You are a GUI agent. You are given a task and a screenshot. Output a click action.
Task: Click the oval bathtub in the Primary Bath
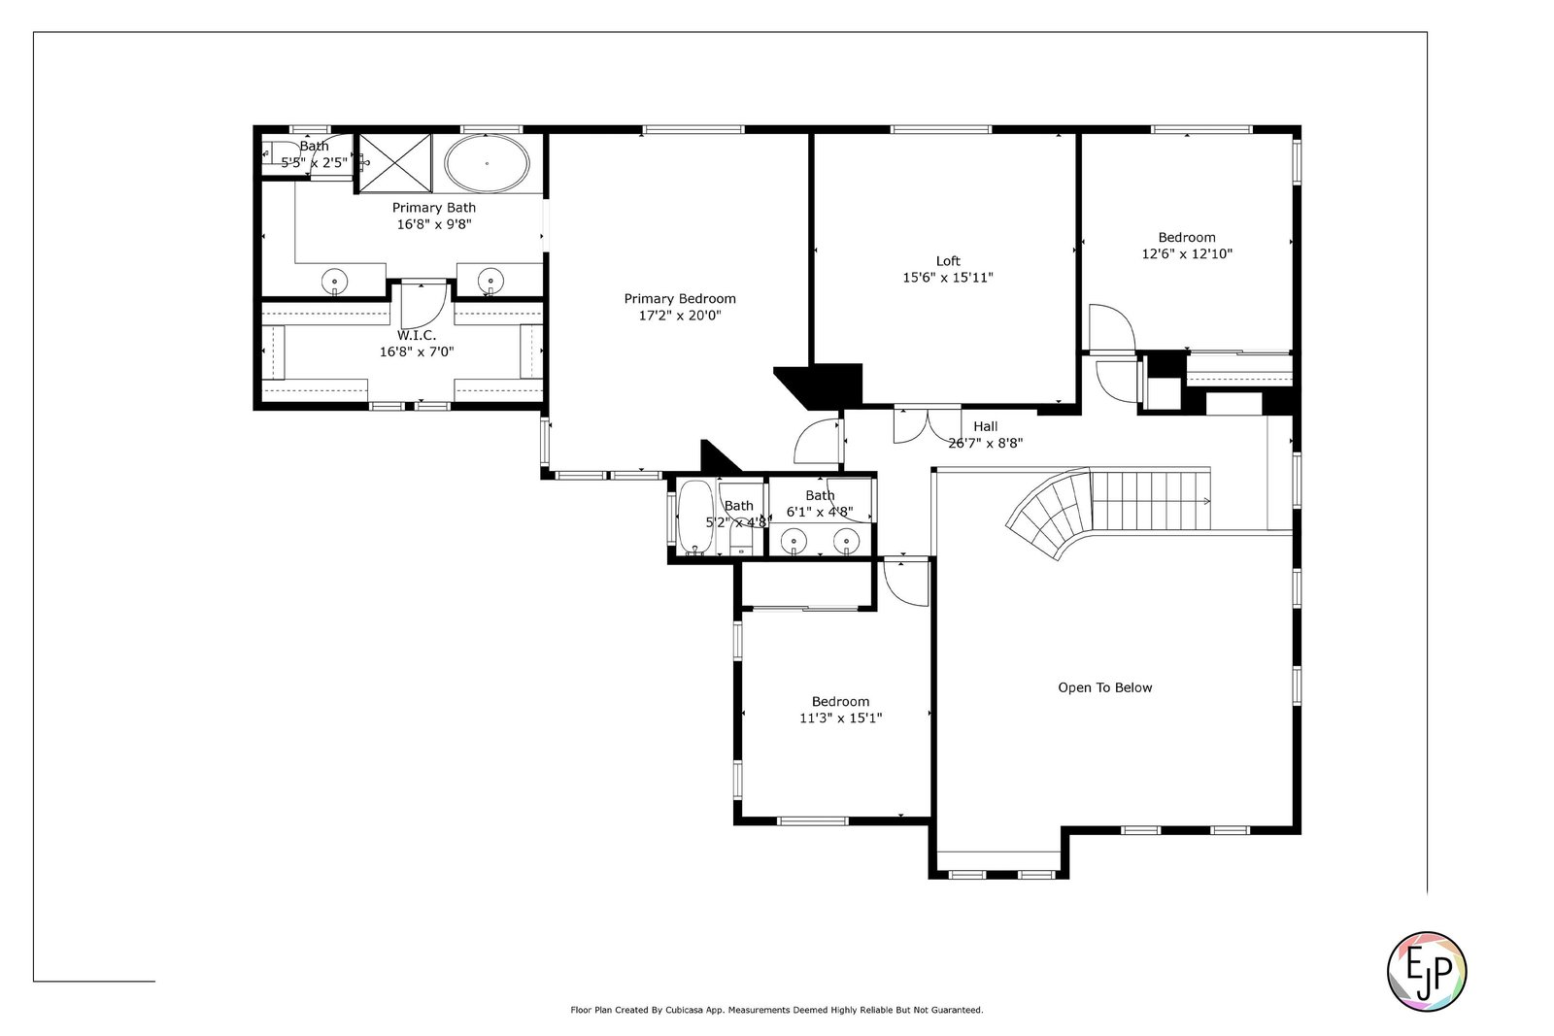(487, 164)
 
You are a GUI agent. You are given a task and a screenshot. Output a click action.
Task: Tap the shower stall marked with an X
(394, 163)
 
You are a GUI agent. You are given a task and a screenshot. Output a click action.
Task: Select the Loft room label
(948, 261)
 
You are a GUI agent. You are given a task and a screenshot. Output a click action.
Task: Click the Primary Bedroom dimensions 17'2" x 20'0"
(680, 316)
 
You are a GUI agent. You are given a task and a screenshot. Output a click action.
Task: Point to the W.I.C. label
(417, 335)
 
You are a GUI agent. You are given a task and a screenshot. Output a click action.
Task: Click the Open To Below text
(1104, 687)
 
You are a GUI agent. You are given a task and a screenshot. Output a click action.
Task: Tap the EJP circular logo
(1427, 972)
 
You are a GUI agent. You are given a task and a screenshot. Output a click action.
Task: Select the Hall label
(985, 426)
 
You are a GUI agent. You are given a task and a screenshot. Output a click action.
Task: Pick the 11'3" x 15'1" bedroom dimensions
(840, 718)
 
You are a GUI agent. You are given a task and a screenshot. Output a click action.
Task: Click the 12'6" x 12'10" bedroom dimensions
(1187, 253)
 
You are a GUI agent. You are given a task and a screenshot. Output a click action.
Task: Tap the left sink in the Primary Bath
(334, 282)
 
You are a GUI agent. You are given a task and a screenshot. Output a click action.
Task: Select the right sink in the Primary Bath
(490, 281)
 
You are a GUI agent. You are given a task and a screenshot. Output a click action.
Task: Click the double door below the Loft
(928, 424)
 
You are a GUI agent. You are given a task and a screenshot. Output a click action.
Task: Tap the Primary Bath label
(433, 208)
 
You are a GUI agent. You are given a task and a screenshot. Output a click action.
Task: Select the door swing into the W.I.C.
(423, 304)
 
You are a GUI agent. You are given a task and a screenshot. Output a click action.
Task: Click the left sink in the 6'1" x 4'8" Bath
(793, 540)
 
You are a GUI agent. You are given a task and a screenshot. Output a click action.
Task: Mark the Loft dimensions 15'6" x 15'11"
(948, 278)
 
